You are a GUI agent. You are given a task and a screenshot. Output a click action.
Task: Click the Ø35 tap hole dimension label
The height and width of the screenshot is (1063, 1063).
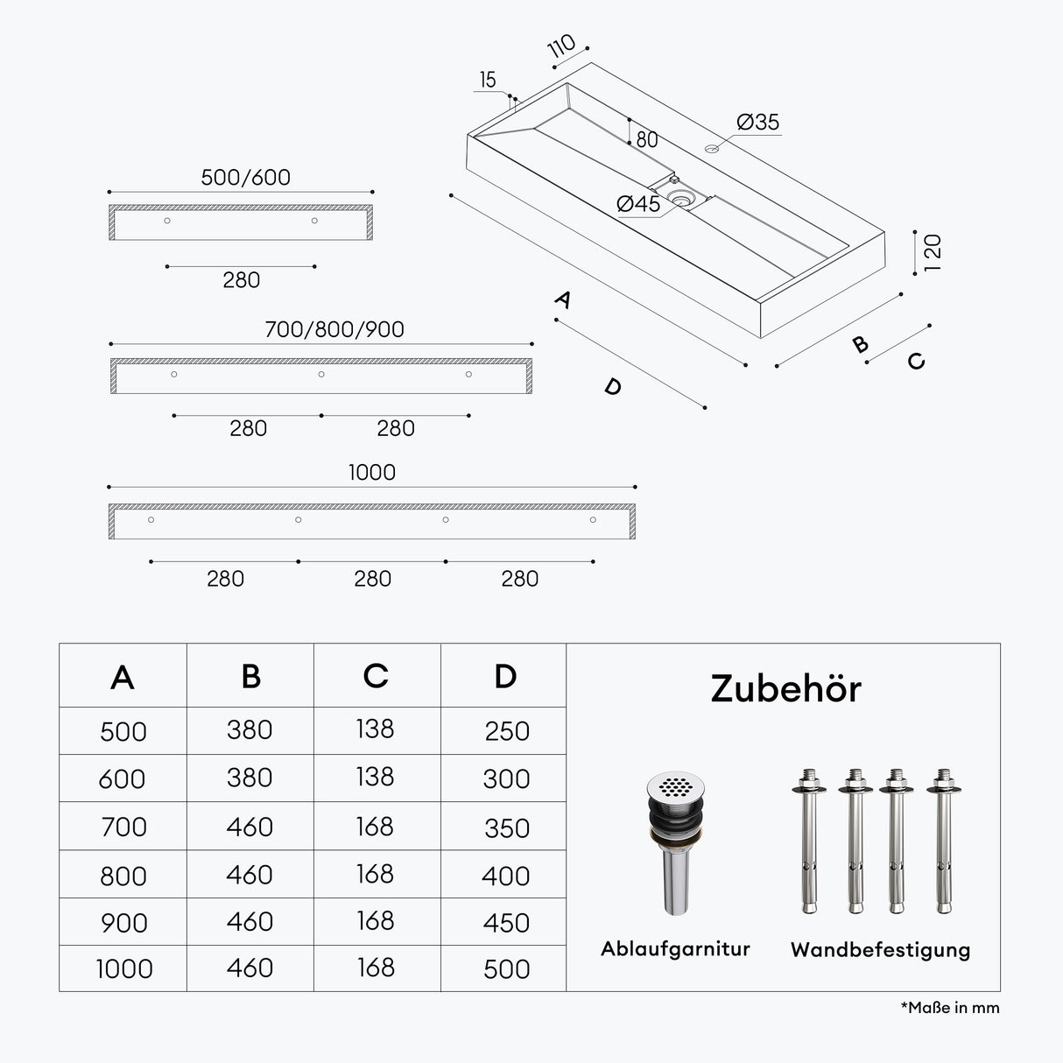[x=757, y=123]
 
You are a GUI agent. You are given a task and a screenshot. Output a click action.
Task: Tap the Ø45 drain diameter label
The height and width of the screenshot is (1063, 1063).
[x=638, y=204]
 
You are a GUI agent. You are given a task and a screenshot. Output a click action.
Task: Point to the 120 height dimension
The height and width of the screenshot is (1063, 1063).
[x=932, y=253]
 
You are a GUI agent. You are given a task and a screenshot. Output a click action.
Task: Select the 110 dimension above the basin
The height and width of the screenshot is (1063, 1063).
[x=561, y=46]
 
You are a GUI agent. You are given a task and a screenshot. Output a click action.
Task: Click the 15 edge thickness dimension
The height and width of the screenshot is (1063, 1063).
[x=488, y=80]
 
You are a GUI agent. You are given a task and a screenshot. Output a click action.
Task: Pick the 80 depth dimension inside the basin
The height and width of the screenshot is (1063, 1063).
[x=647, y=139]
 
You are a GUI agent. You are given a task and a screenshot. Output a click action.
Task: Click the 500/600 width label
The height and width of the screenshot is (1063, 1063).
[x=245, y=178]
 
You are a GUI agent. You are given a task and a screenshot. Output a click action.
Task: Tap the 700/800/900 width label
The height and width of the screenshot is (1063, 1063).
[x=334, y=329]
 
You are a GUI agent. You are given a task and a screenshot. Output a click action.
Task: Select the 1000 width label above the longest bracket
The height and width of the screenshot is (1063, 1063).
[x=372, y=472]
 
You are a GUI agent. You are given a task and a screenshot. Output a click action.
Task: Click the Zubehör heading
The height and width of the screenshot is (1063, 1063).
[x=785, y=689]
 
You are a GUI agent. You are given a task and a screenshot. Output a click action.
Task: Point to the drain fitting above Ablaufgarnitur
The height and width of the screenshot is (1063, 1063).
[x=676, y=843]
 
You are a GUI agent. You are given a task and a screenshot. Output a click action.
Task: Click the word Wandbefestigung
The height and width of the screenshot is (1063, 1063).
[x=880, y=950]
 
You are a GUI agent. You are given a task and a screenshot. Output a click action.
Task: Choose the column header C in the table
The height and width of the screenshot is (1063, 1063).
[x=376, y=676]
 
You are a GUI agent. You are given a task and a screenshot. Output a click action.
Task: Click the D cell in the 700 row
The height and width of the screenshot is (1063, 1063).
[x=506, y=828]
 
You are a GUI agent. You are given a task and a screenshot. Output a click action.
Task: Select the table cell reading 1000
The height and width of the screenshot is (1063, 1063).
[x=124, y=969]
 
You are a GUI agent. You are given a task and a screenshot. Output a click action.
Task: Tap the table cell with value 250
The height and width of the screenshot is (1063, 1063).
[x=507, y=731]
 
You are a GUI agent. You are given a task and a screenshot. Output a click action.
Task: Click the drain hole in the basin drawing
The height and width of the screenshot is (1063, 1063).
[x=679, y=198]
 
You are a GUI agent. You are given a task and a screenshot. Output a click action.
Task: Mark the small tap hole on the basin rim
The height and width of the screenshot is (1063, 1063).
[x=712, y=148]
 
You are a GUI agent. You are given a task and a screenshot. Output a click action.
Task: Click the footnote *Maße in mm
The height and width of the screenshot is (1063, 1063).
[x=950, y=1008]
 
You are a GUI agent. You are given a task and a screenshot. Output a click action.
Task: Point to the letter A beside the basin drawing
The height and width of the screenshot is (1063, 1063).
[x=563, y=299]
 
